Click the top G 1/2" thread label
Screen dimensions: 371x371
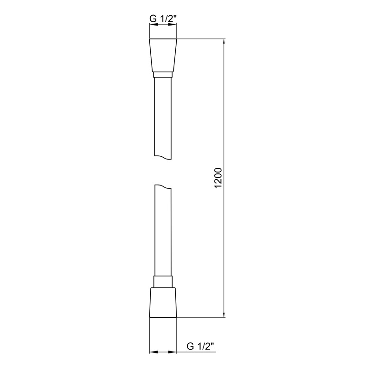tap(163, 19)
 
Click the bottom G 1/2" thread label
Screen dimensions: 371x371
tap(200, 345)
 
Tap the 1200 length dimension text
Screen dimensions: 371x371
tap(219, 178)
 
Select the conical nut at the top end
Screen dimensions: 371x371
tap(163, 55)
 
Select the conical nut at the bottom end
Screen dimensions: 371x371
tap(163, 302)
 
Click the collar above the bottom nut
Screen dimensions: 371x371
tap(163, 282)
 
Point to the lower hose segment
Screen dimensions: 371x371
tap(163, 232)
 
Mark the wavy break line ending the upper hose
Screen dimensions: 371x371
tap(163, 158)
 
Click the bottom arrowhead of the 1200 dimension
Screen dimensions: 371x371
tap(225, 314)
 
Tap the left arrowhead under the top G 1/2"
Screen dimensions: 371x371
tap(152, 26)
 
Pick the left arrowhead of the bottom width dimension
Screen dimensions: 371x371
tap(152, 353)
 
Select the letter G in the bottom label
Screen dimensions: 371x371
tap(190, 345)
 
